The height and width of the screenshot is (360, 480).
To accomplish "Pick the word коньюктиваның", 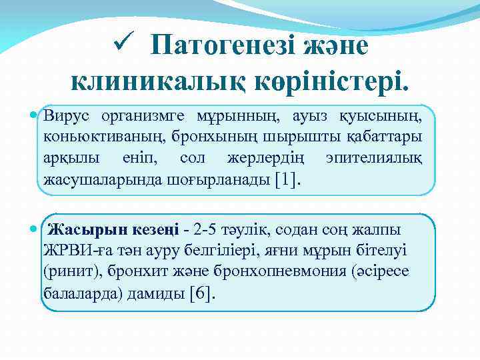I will (95, 137).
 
